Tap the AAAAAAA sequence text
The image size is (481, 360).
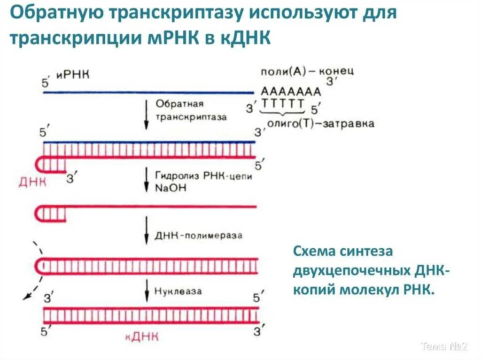pos(291,92)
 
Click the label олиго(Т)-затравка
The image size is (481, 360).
pos(320,123)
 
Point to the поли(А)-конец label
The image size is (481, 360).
pos(307,71)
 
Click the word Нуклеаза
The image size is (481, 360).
pos(178,291)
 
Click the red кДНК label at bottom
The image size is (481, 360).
pos(142,336)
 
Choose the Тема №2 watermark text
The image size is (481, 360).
pos(444,347)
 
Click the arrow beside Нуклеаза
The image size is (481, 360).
pos(146,291)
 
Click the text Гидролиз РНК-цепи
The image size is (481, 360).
pos(203,175)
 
